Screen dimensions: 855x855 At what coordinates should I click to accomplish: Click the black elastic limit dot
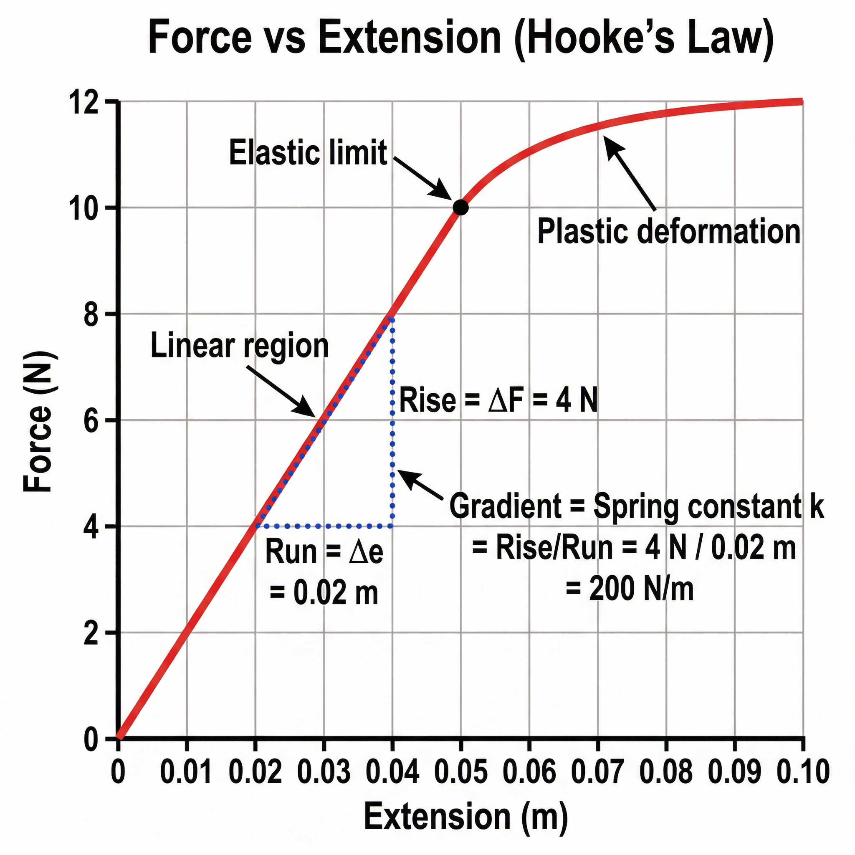point(460,207)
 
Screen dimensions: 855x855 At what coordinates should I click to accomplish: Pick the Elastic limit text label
point(308,153)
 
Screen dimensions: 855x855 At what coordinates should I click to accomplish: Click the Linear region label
point(239,346)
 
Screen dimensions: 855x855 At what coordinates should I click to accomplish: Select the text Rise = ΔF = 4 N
point(498,400)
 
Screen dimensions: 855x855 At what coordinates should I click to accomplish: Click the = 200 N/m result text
point(629,589)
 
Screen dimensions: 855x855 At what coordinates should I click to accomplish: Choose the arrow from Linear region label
point(283,392)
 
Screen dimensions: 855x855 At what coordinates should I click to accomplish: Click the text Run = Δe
point(324,552)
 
